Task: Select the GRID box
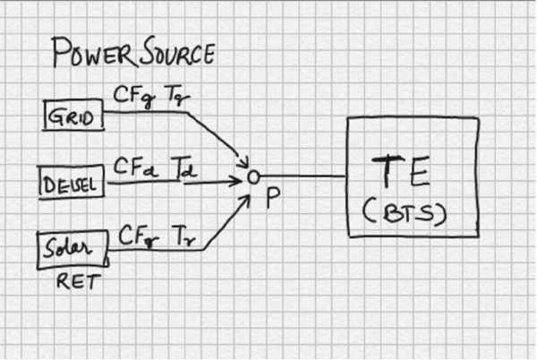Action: pos(74,117)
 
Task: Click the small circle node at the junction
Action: pos(253,177)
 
